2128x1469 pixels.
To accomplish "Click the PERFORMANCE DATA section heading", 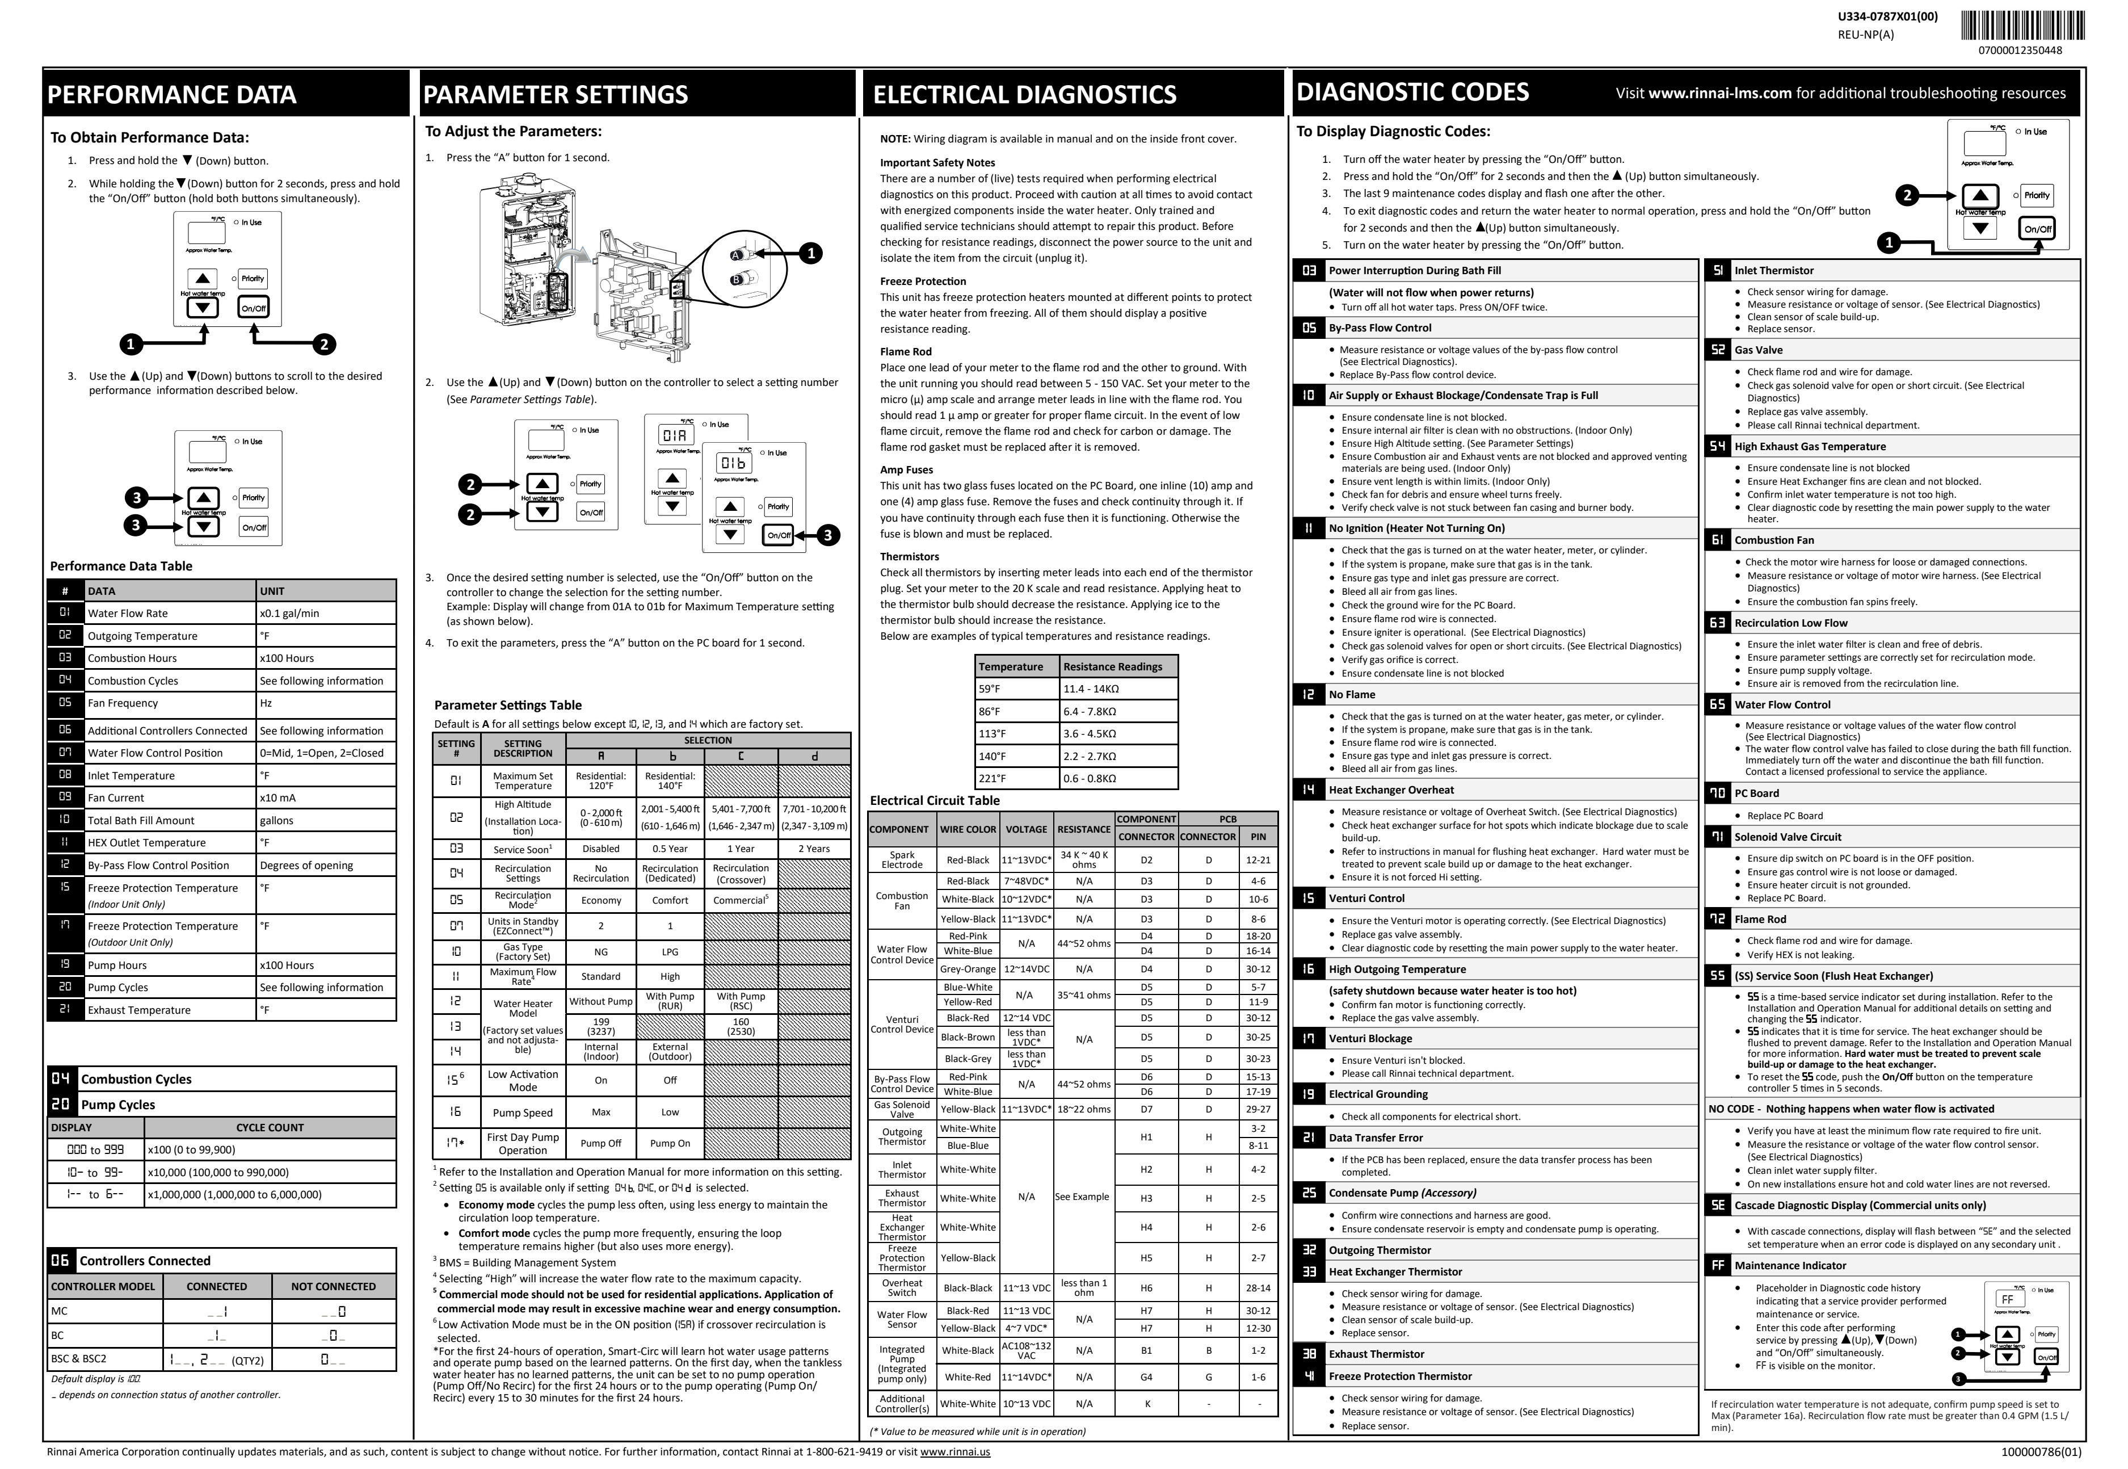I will tap(172, 95).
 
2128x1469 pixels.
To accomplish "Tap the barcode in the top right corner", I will tap(2022, 25).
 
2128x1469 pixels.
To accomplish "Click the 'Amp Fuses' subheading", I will tap(906, 469).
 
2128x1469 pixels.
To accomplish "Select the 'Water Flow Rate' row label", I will tap(128, 613).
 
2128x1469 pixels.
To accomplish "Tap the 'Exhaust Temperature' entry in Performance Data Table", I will tap(139, 1010).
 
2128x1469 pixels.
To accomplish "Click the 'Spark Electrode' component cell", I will tap(902, 860).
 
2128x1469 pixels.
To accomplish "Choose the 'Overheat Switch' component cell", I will tap(902, 1288).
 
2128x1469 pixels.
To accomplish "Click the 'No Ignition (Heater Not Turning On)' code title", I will tap(1416, 528).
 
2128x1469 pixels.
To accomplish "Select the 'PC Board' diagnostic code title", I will tap(1756, 794).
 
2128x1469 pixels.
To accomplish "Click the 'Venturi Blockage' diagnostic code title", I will tap(1370, 1038).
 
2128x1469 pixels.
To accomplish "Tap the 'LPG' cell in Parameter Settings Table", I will tap(670, 952).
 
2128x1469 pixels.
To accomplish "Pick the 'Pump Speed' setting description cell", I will tap(523, 1112).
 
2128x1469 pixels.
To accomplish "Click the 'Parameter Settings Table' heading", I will tap(508, 705).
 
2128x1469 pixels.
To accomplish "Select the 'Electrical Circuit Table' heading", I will tap(935, 801).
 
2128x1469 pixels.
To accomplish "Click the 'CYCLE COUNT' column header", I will tap(270, 1127).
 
